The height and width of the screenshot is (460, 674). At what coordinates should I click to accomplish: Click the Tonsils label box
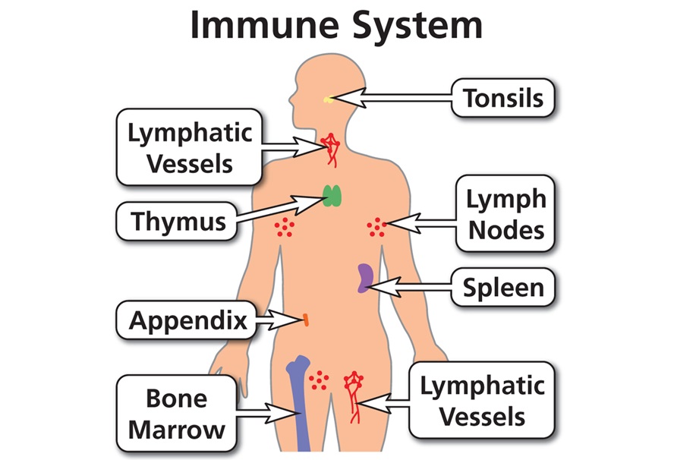tap(503, 98)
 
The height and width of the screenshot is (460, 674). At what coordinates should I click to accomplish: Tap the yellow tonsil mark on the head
tap(328, 99)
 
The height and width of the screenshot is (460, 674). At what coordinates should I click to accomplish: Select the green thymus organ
tap(332, 197)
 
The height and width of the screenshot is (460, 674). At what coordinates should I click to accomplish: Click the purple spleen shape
tap(366, 278)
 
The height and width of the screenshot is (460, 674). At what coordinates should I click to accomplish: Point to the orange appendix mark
tap(305, 320)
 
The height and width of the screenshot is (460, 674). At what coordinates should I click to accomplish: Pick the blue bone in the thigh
tap(298, 402)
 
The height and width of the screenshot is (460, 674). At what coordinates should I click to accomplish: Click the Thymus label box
tap(178, 222)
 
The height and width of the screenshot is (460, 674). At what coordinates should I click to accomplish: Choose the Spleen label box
tap(503, 288)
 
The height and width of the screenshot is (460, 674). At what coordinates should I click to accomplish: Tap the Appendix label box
tap(188, 320)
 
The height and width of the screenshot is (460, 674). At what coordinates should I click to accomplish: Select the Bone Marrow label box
tap(176, 414)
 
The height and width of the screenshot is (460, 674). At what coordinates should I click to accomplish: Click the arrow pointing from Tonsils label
tap(395, 98)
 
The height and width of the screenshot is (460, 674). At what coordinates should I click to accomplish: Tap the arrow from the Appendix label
tap(276, 320)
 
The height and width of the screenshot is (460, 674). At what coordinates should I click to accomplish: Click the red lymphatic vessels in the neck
tap(331, 148)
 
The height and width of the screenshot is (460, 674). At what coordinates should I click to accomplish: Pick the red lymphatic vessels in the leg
tap(354, 395)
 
